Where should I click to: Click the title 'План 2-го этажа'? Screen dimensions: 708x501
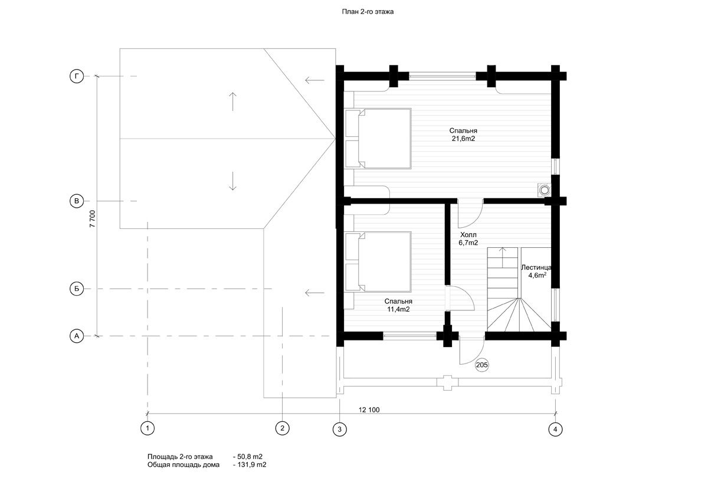(x=368, y=12)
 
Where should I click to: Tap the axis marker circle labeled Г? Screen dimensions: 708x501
(x=77, y=77)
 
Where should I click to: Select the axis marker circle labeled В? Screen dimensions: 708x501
(x=77, y=201)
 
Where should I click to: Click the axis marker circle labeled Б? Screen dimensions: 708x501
(x=77, y=289)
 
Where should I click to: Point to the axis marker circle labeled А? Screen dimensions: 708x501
(x=77, y=336)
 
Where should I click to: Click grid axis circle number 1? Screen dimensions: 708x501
(x=147, y=428)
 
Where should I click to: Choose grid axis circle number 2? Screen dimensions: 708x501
(x=282, y=428)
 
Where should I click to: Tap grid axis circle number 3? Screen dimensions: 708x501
(x=340, y=429)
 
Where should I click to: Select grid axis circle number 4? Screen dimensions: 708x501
(x=555, y=429)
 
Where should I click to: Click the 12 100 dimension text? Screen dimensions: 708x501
(x=369, y=410)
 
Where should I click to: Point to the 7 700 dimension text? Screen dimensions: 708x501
(x=92, y=219)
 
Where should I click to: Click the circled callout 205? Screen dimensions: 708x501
(x=481, y=365)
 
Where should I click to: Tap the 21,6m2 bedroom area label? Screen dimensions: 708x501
(x=463, y=139)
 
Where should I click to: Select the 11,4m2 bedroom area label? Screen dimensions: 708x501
(x=398, y=309)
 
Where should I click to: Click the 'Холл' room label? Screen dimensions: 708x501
(x=468, y=235)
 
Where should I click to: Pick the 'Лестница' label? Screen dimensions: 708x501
(x=536, y=267)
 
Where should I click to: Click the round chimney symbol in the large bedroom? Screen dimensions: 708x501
(x=544, y=190)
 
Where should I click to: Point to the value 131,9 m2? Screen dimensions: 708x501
(x=250, y=464)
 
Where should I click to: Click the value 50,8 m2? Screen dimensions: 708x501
(x=248, y=456)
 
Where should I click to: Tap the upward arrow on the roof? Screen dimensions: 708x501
(x=232, y=101)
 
